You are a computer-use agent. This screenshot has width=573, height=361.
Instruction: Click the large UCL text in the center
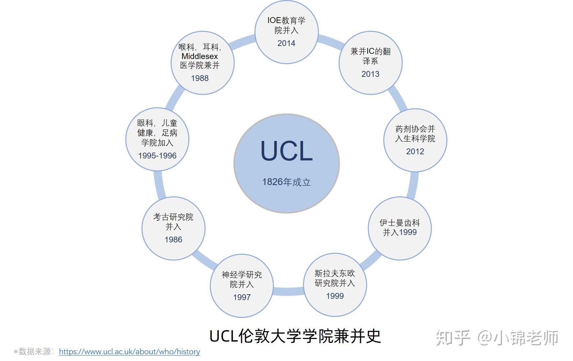[x=286, y=151]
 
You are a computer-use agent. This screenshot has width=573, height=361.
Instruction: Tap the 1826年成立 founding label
[x=286, y=182]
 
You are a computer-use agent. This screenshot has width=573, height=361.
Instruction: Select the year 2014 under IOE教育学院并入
[x=286, y=43]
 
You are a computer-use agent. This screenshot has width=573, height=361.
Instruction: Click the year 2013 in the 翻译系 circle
[x=370, y=74]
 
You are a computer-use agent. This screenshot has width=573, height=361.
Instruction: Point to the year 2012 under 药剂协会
[x=415, y=151]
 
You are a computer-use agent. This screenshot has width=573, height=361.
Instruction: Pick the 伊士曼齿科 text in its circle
[x=399, y=223]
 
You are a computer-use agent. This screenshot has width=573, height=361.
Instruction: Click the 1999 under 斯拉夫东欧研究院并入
[x=335, y=296]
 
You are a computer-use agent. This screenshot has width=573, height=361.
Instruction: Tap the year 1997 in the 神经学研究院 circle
[x=242, y=297]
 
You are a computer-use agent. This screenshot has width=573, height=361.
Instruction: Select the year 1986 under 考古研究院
[x=173, y=239]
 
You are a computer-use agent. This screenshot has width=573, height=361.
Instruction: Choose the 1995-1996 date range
[x=157, y=156]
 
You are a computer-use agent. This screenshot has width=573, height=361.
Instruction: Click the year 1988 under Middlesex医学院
[x=200, y=78]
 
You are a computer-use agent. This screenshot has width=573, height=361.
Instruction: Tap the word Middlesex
[x=200, y=56]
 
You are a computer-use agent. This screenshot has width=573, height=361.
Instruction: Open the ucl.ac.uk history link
[x=129, y=352]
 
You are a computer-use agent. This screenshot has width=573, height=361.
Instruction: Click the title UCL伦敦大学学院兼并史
[x=295, y=336]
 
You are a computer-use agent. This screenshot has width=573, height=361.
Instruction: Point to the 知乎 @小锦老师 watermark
[x=497, y=338]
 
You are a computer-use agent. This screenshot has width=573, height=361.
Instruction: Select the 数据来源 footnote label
[x=34, y=352]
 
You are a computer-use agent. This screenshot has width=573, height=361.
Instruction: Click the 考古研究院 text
[x=173, y=217]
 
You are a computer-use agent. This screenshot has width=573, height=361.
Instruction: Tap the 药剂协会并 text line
[x=415, y=129]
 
